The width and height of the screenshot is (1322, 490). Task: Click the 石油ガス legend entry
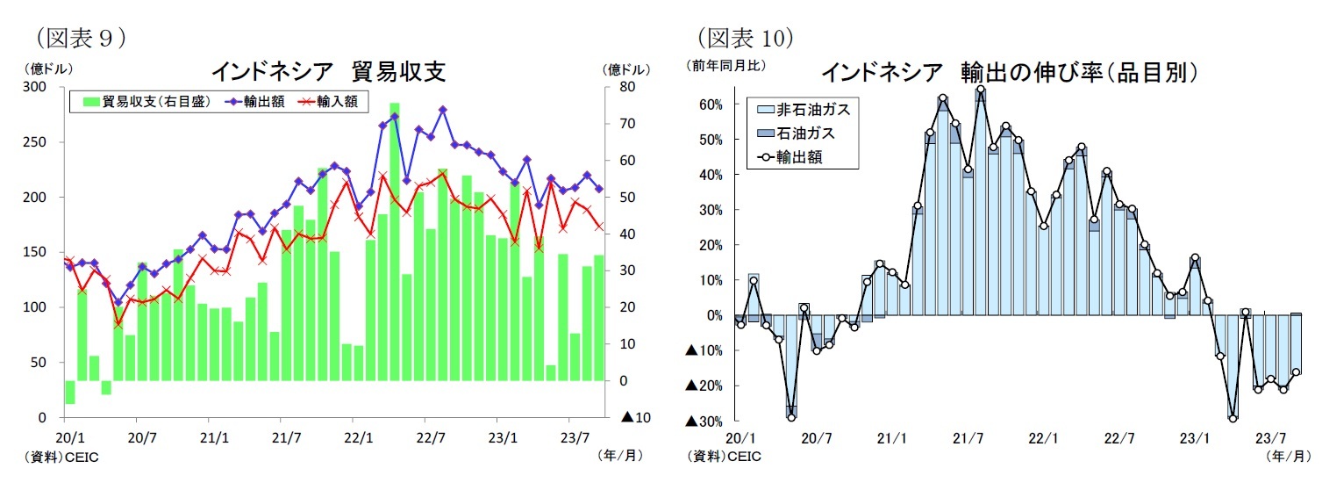pos(798,134)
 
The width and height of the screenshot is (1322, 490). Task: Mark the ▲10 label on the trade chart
pos(636,418)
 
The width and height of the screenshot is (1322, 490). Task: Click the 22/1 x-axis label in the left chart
pos(358,436)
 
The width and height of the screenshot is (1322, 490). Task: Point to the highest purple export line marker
pos(443,110)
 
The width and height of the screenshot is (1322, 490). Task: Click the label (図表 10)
pos(746,38)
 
